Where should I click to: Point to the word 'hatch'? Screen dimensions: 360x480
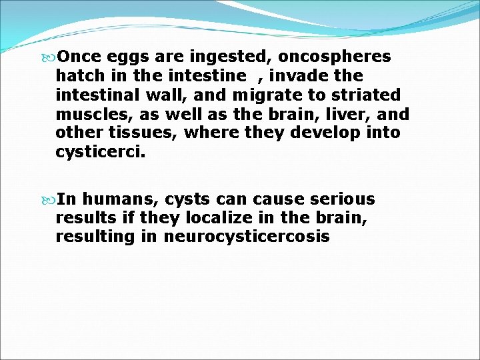click(77, 75)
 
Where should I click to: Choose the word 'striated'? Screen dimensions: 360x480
click(369, 94)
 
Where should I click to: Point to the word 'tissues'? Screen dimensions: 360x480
click(148, 132)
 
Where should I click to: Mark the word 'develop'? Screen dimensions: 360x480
click(315, 133)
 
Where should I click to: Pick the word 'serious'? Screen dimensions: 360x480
click(344, 199)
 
